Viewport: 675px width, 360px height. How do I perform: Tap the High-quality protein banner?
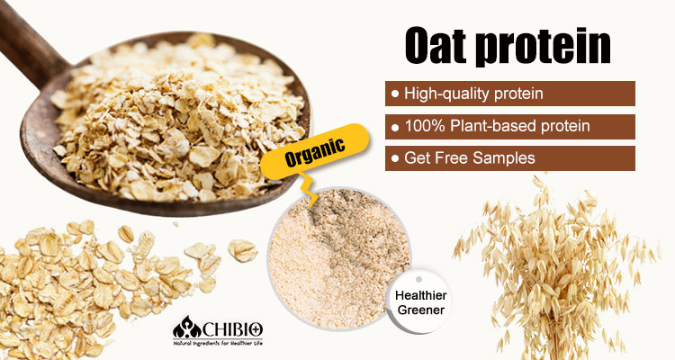509,94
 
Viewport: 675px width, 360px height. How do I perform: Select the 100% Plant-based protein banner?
509,126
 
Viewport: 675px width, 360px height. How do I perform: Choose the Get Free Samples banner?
509,158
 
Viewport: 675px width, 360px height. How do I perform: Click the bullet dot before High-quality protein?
394,94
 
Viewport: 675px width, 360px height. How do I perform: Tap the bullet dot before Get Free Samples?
394,158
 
